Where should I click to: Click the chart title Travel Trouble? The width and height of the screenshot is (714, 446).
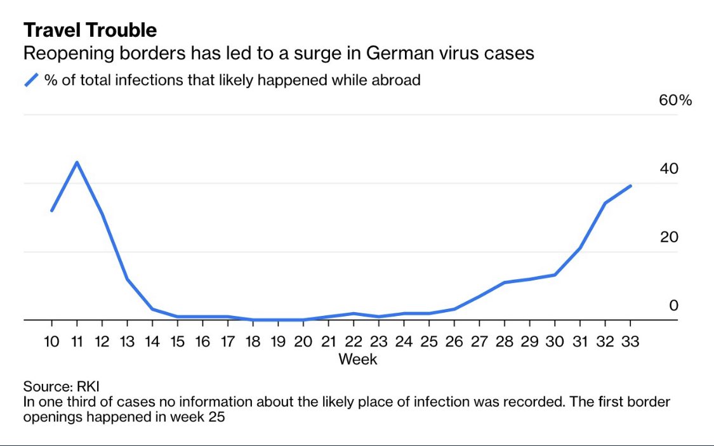coord(90,30)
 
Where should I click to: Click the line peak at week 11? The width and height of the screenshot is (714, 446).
coord(77,162)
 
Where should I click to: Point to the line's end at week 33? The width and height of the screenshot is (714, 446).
coord(630,186)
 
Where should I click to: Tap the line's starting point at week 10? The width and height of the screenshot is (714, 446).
coord(51,211)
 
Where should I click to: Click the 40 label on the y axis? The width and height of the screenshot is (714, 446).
coord(669,169)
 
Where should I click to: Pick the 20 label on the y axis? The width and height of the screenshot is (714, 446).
coord(669,237)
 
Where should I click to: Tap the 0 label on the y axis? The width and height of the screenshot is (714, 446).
coord(673,306)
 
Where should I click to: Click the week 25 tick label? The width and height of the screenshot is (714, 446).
coord(429,341)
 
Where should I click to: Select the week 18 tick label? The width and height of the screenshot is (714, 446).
coord(253,341)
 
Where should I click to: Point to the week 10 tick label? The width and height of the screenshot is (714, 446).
coord(51,341)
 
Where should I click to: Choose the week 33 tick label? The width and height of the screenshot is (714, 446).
coord(630,341)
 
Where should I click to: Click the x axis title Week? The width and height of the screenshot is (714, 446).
coord(358,359)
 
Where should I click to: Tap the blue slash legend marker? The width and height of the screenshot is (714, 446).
coord(32,80)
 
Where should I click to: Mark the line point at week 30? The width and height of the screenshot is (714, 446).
coord(555,275)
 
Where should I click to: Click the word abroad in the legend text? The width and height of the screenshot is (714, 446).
coord(397,80)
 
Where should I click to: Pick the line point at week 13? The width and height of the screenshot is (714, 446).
coord(127,279)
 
